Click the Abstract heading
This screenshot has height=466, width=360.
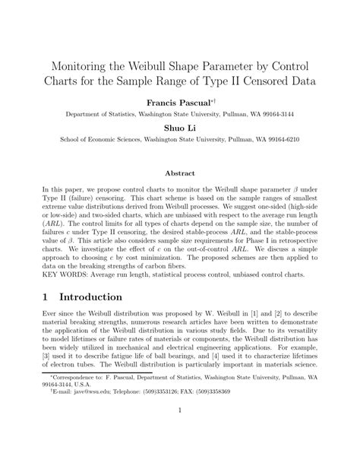(180, 173)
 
